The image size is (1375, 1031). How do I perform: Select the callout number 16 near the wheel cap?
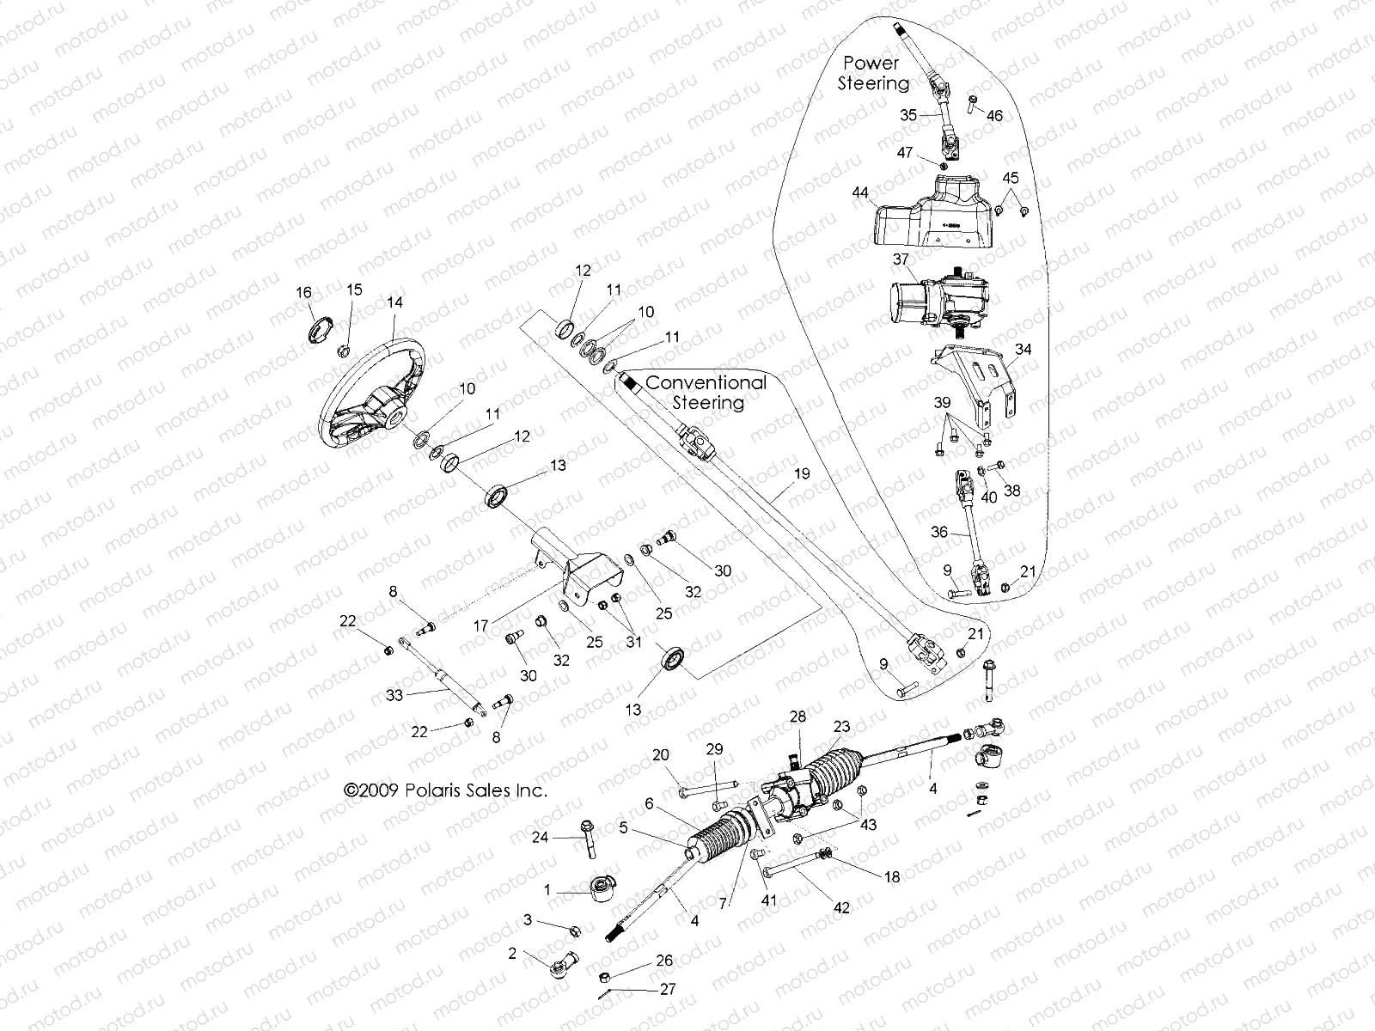click(x=304, y=293)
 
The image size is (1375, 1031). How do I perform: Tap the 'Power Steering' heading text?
click(x=873, y=73)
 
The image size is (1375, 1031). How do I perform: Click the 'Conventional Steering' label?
click(x=706, y=392)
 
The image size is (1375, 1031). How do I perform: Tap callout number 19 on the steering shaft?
click(x=801, y=473)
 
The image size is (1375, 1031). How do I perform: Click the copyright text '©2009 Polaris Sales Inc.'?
click(x=444, y=790)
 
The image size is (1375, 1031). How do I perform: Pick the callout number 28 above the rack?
click(x=798, y=717)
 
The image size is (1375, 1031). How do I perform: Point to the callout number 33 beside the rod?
click(x=394, y=696)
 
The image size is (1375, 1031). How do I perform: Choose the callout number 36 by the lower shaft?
click(x=938, y=532)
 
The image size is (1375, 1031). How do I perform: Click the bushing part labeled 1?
click(x=598, y=888)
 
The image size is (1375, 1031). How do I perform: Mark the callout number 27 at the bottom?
click(x=667, y=989)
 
